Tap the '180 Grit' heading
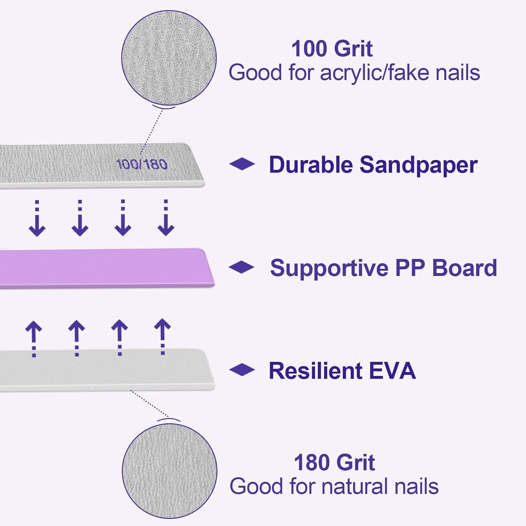(x=334, y=463)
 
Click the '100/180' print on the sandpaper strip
(x=142, y=164)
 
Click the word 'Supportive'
(x=329, y=268)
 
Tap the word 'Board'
(x=464, y=268)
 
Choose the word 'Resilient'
(x=315, y=371)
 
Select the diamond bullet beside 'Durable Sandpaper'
(x=242, y=164)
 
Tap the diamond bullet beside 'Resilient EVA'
(x=242, y=369)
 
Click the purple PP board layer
(x=105, y=268)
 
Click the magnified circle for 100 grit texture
(x=169, y=58)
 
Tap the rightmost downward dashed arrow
(x=166, y=217)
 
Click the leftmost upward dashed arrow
(x=34, y=338)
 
